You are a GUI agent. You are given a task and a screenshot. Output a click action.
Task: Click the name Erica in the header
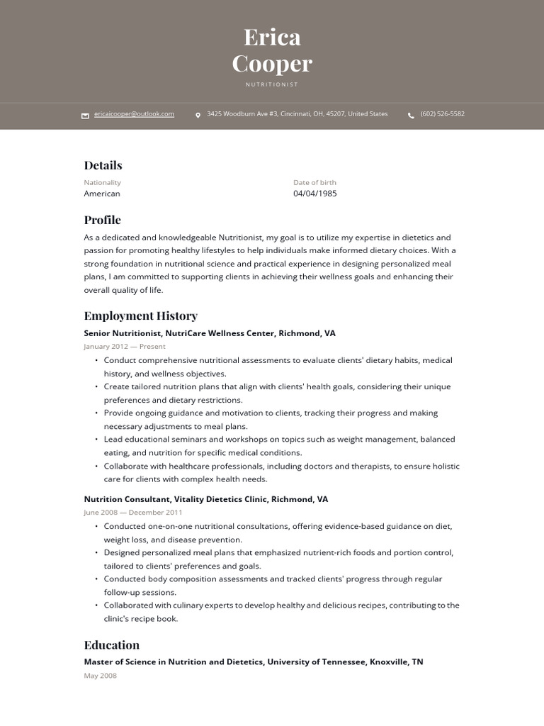[272, 37]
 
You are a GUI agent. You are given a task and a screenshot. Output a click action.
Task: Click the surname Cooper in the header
[272, 64]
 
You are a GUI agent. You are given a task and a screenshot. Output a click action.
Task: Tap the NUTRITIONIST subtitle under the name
[272, 84]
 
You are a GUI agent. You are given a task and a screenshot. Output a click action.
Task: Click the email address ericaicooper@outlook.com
[134, 114]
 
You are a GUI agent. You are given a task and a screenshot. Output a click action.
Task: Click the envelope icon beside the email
[85, 116]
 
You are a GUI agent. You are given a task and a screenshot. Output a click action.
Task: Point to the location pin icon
[198, 115]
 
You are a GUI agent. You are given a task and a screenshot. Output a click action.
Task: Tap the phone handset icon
[411, 115]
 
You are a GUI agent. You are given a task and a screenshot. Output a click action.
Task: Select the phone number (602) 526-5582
[442, 114]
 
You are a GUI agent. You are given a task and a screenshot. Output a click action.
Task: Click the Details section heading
[103, 165]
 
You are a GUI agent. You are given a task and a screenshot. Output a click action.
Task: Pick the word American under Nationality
[102, 194]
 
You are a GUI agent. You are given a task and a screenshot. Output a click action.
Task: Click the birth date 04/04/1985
[314, 194]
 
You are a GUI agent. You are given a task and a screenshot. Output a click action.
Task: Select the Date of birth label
[314, 182]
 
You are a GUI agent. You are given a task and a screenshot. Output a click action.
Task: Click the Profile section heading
[102, 220]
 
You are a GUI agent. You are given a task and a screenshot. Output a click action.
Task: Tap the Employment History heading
[140, 315]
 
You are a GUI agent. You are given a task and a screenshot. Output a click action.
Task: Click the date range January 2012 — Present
[124, 347]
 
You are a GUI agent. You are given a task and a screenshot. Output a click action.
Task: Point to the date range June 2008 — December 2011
[132, 513]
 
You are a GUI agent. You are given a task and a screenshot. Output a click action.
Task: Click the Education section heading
[111, 645]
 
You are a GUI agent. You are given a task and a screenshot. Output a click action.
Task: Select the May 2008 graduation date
[100, 676]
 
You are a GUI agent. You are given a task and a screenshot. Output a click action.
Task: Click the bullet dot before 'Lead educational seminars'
[96, 440]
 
